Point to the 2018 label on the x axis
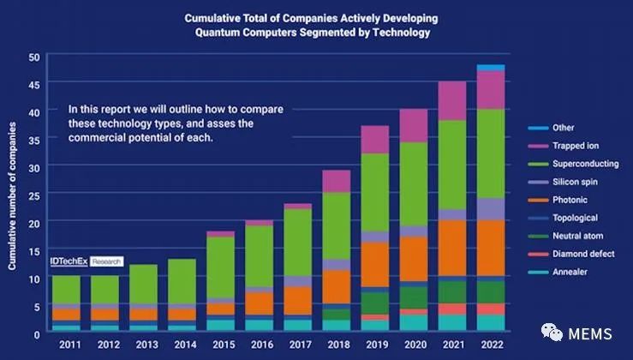click(338, 345)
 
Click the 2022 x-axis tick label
click(493, 345)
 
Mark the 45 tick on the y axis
click(34, 85)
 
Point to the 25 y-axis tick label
click(34, 196)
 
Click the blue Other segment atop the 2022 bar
click(491, 68)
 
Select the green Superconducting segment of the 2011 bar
click(66, 290)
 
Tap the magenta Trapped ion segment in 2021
click(452, 101)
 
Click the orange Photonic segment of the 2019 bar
click(375, 265)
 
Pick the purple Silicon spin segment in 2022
click(491, 209)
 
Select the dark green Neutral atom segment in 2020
click(414, 298)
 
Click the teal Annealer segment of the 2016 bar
click(260, 326)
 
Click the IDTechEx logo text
click(69, 261)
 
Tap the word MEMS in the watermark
click(590, 334)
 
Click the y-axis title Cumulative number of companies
click(12, 196)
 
